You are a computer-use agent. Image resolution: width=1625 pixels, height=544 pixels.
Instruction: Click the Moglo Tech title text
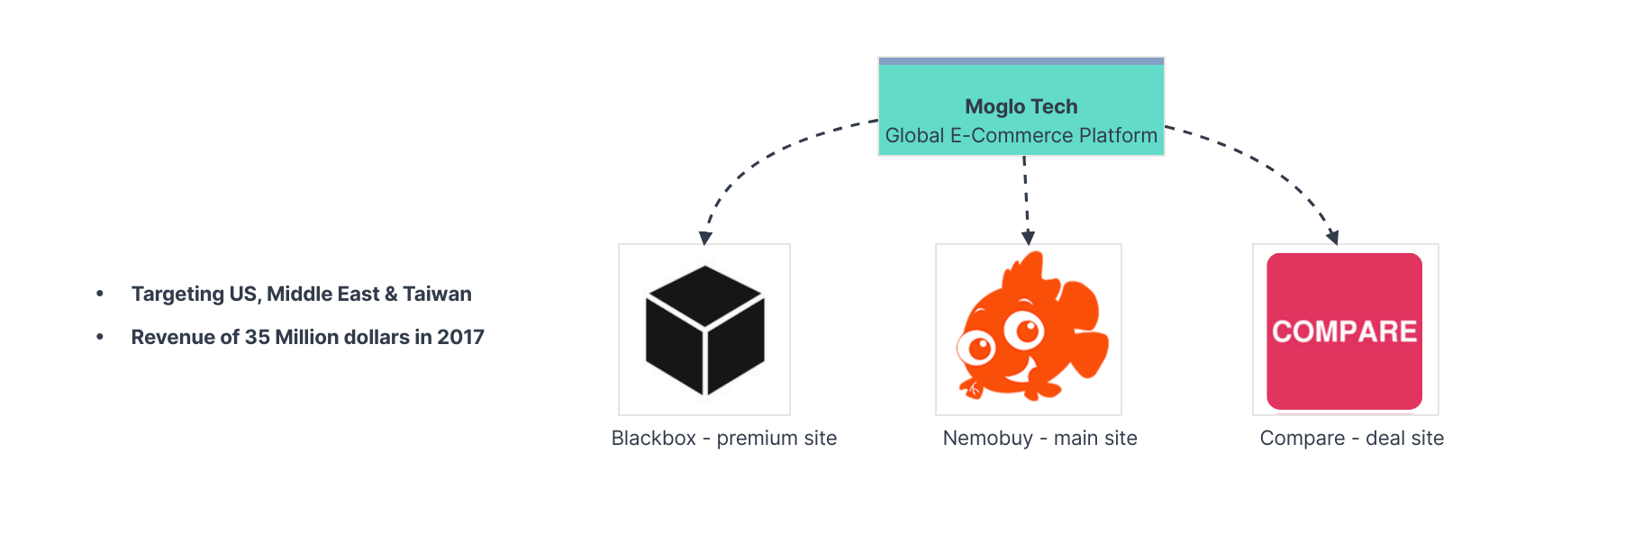point(1021,106)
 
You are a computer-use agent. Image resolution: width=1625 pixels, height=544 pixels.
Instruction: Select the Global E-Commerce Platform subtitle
point(1021,135)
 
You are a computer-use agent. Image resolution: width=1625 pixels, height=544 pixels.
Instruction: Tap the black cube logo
point(704,330)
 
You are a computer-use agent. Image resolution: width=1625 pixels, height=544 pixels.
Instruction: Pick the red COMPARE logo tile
point(1344,331)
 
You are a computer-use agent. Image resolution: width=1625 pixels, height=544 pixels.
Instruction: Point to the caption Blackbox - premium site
point(723,438)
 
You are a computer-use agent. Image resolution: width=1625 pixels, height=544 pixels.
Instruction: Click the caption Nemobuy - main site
point(1039,438)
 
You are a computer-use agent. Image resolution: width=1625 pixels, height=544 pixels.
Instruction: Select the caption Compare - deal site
point(1351,438)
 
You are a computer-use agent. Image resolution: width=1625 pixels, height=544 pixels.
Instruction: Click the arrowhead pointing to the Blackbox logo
point(705,238)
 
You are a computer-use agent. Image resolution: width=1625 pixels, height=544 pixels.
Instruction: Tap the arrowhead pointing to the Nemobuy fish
point(1028,238)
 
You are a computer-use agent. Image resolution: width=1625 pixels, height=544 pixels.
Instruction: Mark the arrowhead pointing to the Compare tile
point(1333,238)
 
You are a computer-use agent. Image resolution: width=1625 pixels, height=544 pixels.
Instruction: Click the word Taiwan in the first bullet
point(437,294)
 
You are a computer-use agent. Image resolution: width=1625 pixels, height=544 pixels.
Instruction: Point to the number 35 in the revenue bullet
point(257,337)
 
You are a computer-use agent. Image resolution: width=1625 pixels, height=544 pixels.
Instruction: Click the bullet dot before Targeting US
point(100,294)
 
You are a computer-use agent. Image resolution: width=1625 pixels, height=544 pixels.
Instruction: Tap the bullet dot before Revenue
point(100,337)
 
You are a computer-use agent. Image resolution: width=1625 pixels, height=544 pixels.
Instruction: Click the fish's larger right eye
point(1023,331)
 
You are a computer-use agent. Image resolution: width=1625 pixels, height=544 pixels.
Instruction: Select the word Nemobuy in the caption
point(987,438)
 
